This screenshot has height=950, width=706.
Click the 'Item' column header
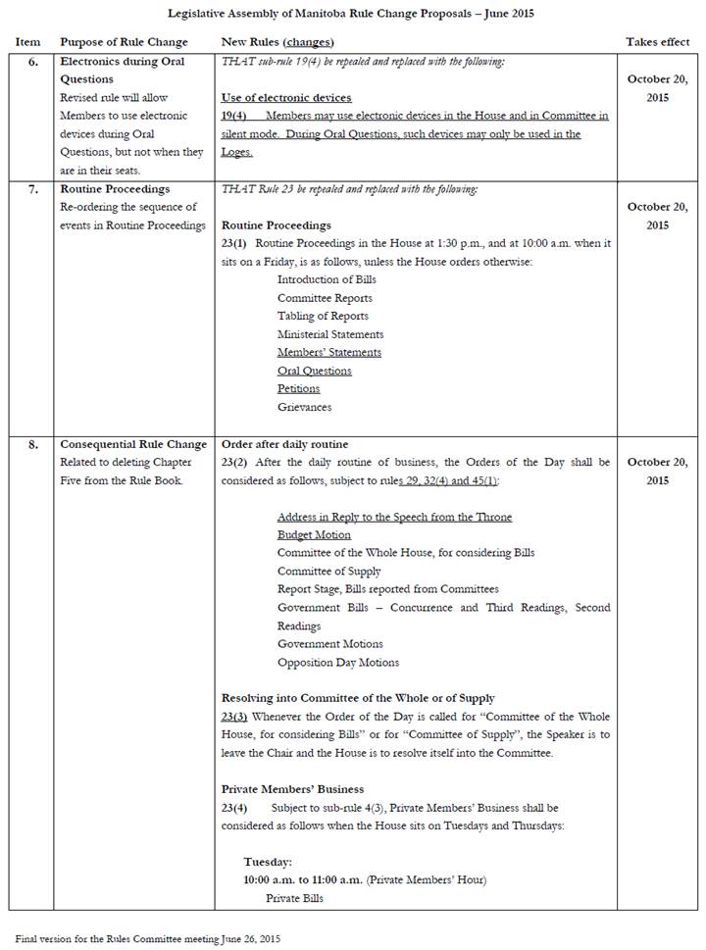27,42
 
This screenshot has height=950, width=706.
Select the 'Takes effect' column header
657,42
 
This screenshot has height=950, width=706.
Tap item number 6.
33,62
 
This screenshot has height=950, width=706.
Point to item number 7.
33,188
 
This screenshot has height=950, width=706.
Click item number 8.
33,444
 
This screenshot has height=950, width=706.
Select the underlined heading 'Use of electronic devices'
286,98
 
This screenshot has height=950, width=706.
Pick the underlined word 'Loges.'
237,152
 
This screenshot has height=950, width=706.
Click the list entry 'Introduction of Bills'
327,279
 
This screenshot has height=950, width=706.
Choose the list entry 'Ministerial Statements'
330,334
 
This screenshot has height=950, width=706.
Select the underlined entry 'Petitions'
298,389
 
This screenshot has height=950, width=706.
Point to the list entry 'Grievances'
304,407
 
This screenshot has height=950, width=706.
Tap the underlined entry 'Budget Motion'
314,534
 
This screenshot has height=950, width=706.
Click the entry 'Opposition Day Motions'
338,662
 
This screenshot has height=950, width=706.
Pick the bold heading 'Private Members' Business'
292,789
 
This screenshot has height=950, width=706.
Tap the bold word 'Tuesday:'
268,862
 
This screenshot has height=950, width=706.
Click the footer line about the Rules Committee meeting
147,938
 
